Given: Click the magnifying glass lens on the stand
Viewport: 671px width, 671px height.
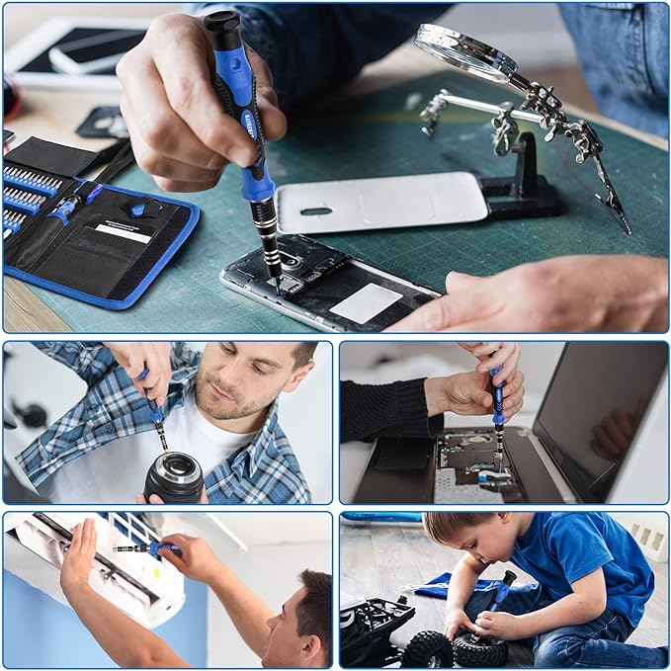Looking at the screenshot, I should coord(463,52).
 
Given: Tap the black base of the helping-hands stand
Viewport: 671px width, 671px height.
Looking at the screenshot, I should coord(524,197).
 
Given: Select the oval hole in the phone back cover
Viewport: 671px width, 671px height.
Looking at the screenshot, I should coord(316,210).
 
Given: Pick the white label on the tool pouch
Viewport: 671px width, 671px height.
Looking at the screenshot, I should coord(123,233).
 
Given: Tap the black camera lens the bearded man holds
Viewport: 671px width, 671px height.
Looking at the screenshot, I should coord(174,478).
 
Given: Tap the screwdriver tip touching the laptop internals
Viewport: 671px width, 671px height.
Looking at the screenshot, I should coord(499,457).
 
